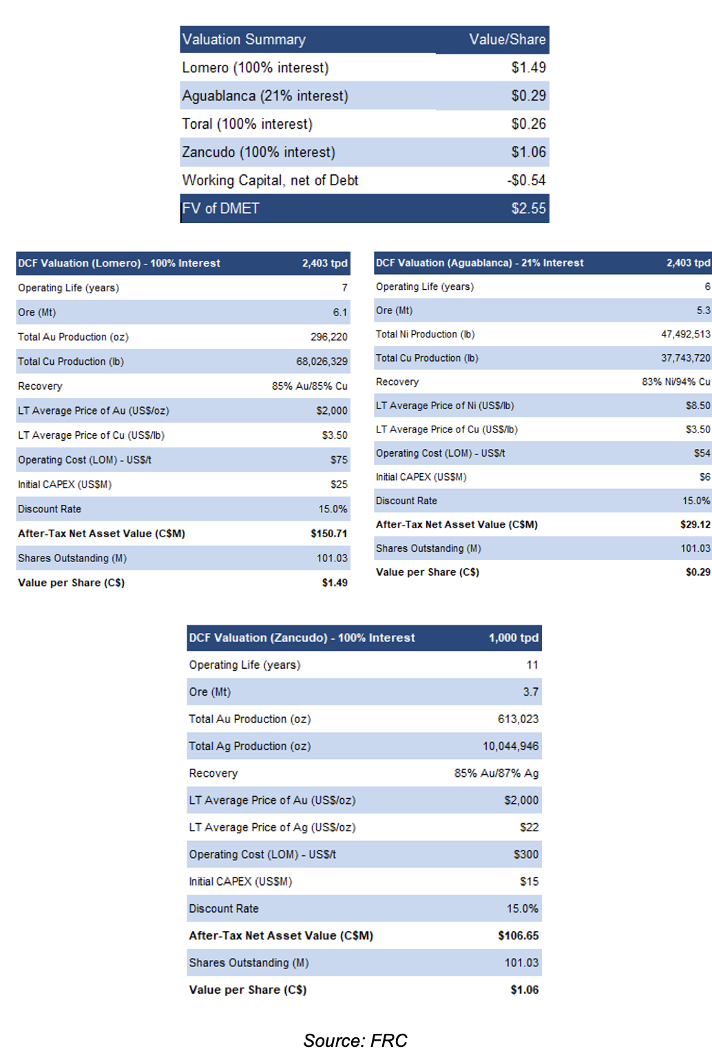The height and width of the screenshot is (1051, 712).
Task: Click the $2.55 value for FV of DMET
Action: (x=529, y=208)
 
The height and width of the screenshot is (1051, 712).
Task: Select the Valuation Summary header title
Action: (x=244, y=39)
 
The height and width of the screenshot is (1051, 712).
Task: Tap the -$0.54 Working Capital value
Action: (x=526, y=180)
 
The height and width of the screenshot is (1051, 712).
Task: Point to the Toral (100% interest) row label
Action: (x=247, y=124)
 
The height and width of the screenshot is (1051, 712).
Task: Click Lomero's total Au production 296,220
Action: (x=328, y=337)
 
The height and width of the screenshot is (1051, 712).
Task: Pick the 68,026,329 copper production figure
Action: (x=322, y=362)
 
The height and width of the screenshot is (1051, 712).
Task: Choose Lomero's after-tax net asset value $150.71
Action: (x=328, y=534)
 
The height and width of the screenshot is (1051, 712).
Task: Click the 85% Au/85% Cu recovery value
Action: (x=310, y=386)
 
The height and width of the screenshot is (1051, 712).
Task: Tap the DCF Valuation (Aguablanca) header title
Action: (x=479, y=263)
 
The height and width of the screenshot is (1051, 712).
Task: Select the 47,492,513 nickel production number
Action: (x=686, y=334)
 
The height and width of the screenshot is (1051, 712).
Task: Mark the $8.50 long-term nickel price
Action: (x=698, y=406)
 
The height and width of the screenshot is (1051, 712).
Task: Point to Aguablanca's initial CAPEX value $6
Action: (x=705, y=477)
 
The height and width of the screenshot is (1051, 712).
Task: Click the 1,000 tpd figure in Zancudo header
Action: (x=514, y=638)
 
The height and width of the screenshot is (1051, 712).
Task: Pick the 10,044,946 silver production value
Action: (x=511, y=746)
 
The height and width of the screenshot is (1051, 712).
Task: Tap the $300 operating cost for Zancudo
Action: (x=526, y=855)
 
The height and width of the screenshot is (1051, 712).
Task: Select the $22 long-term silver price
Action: (x=529, y=827)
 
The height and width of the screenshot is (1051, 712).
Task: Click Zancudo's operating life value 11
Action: (x=532, y=665)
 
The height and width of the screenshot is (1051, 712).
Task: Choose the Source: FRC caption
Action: (x=355, y=1040)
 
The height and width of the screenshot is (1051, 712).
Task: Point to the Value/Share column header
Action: (x=507, y=39)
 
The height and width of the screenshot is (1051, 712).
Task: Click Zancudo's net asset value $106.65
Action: (x=519, y=935)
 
